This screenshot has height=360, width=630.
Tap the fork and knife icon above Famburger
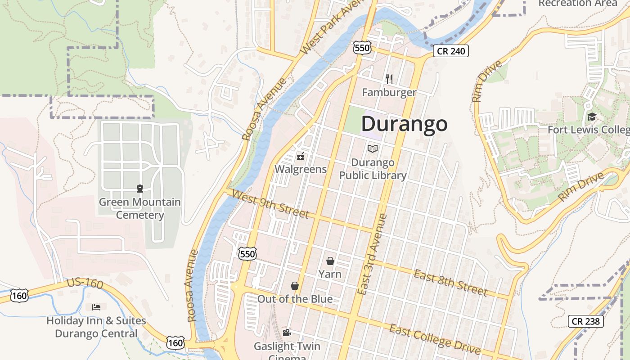[389, 79]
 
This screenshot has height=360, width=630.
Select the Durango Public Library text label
[373, 169]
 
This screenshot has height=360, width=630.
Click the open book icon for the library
[373, 148]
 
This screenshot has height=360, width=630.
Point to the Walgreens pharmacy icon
[300, 157]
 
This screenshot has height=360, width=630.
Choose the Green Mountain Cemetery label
[140, 208]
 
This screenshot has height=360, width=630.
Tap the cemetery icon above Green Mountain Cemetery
[139, 189]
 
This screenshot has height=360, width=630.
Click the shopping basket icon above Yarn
[330, 261]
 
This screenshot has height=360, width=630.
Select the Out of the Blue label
[295, 299]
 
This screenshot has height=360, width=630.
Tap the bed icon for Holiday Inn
[96, 307]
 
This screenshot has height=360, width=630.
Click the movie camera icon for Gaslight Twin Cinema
[287, 333]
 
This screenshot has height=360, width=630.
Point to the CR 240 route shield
[451, 51]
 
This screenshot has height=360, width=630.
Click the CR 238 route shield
[585, 321]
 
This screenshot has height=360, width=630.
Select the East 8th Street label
[450, 283]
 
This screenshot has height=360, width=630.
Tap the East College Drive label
[435, 339]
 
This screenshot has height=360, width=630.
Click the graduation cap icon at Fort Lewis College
[592, 117]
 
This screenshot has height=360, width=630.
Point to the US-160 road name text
[85, 283]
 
